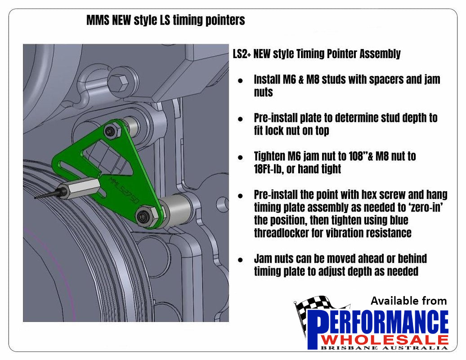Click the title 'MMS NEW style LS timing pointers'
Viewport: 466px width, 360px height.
[x=166, y=20]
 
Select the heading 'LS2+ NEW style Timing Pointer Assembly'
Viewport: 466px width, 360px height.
[x=317, y=54]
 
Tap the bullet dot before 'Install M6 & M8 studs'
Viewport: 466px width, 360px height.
[x=240, y=81]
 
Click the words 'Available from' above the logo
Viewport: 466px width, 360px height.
[x=408, y=301]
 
